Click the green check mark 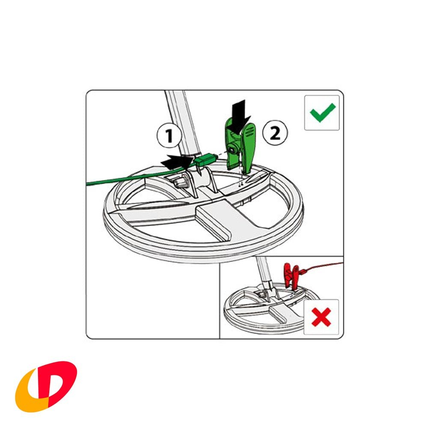pyautogui.click(x=322, y=113)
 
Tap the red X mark pyautogui.click(x=321, y=317)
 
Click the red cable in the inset pyautogui.click(x=325, y=266)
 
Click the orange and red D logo pyautogui.click(x=46, y=386)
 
